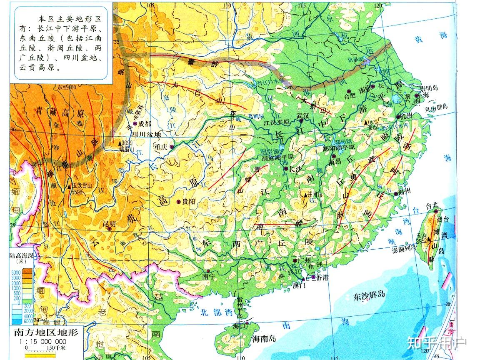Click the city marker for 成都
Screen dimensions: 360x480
[135, 124]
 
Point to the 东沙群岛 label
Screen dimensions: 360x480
[369, 295]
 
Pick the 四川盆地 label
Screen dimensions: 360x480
[146, 134]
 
